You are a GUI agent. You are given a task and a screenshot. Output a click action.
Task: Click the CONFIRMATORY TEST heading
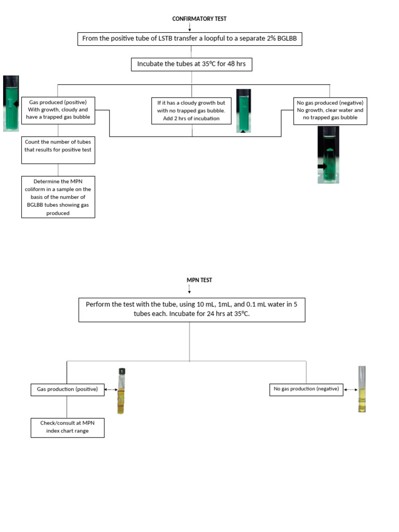click(x=199, y=19)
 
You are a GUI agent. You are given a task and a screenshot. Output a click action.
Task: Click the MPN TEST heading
click(x=199, y=280)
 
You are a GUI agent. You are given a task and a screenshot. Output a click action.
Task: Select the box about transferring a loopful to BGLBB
click(x=190, y=38)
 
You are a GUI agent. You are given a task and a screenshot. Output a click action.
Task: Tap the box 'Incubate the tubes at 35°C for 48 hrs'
click(x=191, y=64)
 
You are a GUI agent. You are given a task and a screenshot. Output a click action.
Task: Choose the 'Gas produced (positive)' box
click(x=58, y=110)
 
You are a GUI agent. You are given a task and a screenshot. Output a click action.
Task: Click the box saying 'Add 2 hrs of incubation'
click(x=191, y=110)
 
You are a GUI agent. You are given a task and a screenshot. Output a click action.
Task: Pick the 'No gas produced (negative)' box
click(x=330, y=110)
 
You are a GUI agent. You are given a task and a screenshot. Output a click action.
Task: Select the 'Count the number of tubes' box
click(x=58, y=145)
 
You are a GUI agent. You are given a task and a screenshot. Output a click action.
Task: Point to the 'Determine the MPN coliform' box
click(x=58, y=197)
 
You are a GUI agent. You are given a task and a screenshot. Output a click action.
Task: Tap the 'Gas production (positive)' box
click(x=67, y=389)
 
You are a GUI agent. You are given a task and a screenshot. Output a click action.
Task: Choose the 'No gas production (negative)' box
click(x=306, y=389)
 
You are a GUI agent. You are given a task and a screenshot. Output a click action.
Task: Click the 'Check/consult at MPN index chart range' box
click(x=67, y=427)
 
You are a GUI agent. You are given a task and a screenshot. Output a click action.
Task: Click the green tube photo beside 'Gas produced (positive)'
click(x=11, y=103)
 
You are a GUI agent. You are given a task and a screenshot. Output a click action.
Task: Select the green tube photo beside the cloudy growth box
click(x=244, y=111)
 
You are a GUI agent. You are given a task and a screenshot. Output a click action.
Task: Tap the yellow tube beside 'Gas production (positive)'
click(x=121, y=391)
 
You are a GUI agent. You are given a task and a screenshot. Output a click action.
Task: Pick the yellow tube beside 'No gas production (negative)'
click(x=362, y=389)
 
